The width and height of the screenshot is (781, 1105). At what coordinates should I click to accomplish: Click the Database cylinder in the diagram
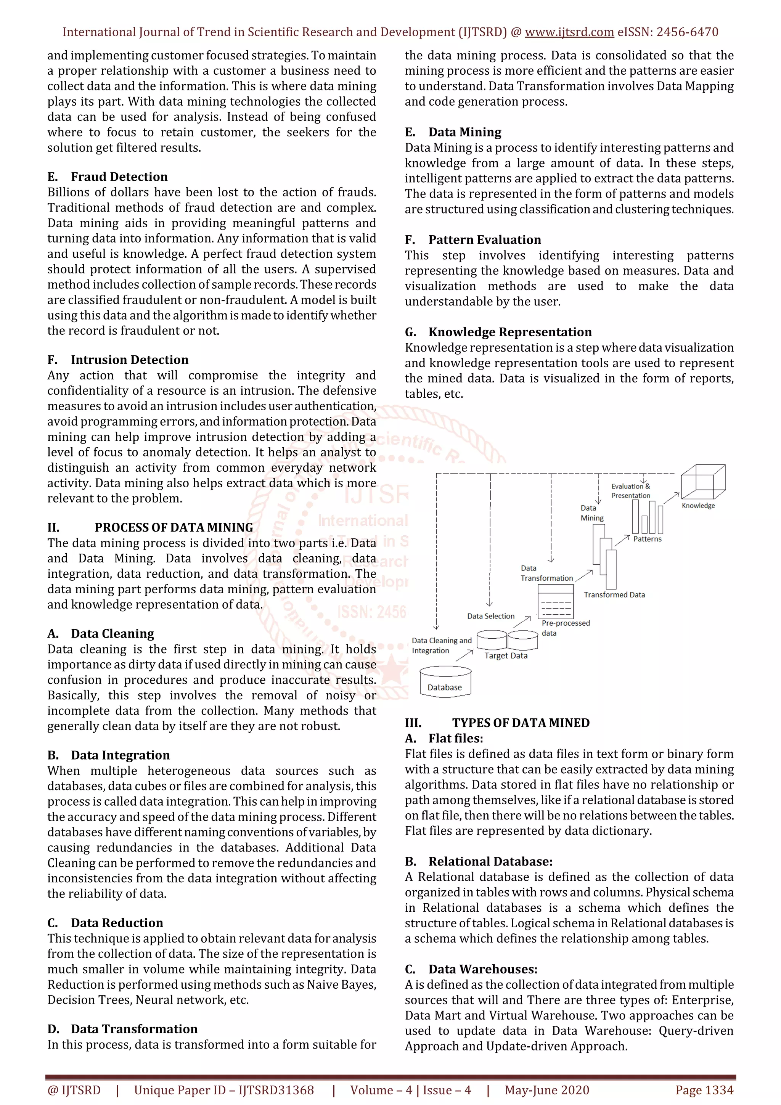pos(445,681)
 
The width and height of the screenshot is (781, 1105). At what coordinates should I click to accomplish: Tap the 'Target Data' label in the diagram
pos(506,655)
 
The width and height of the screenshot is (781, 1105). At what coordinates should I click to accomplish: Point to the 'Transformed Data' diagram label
pos(614,595)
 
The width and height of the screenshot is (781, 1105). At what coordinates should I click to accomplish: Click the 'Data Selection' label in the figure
pos(490,616)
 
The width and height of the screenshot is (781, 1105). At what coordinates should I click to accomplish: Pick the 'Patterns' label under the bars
pos(647,539)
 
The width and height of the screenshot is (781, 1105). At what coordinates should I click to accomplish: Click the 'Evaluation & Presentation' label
pos(630,491)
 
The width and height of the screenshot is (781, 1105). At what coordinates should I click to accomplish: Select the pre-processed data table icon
pos(555,602)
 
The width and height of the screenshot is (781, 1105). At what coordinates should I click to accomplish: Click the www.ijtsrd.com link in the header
pos(569,32)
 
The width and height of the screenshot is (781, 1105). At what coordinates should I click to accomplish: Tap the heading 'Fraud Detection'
pos(119,177)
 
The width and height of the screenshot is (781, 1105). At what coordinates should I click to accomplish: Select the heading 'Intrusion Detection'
pos(129,360)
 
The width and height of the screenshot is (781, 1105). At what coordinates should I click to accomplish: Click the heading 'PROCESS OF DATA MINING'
pos(174,527)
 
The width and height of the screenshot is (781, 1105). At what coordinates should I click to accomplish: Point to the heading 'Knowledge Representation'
pos(510,332)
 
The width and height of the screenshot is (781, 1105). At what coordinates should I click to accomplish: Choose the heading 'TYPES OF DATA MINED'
pos(521,723)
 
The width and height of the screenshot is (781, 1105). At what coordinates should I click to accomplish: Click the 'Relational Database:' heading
pos(490,861)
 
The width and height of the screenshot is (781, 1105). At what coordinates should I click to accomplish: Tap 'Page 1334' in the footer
pos(704,1090)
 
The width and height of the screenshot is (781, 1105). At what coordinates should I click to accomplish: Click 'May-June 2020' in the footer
pos(546,1090)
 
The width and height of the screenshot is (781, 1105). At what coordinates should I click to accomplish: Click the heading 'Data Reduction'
pos(117,923)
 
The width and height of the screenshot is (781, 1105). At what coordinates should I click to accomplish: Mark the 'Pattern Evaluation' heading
pos(485,240)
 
